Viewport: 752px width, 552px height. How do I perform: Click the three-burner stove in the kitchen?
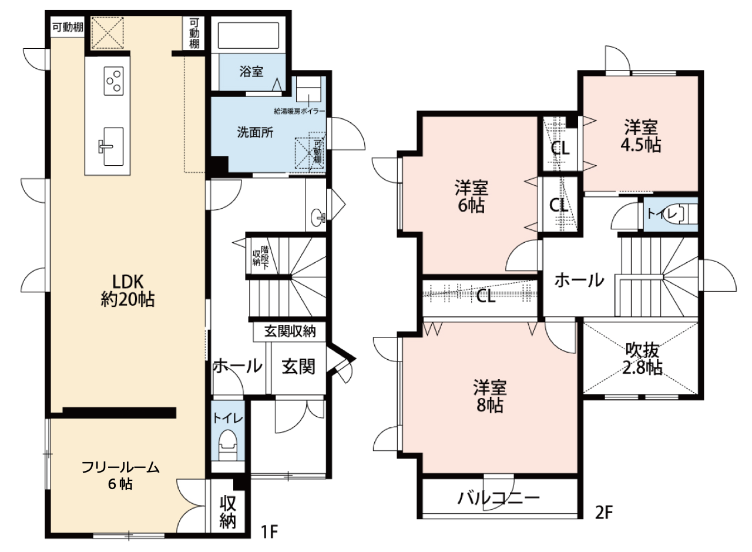pyautogui.click(x=113, y=81)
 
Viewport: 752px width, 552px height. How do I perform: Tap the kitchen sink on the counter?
pyautogui.click(x=112, y=146)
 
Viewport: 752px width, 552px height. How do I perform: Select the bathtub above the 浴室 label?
pyautogui.click(x=249, y=36)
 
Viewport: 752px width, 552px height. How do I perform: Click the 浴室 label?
pyautogui.click(x=251, y=72)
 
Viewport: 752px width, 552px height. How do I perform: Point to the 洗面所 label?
pyautogui.click(x=255, y=132)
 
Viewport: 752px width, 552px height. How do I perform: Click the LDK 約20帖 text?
pyautogui.click(x=127, y=290)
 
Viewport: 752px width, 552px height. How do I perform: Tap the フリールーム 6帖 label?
pyautogui.click(x=120, y=476)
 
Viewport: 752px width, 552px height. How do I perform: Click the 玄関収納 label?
pyautogui.click(x=290, y=332)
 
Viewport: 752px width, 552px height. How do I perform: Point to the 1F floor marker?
pyautogui.click(x=269, y=532)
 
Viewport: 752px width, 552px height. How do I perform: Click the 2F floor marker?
pyautogui.click(x=604, y=513)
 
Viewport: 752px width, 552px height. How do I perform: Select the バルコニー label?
pyautogui.click(x=499, y=498)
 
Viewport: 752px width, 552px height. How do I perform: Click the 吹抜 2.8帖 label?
pyautogui.click(x=642, y=359)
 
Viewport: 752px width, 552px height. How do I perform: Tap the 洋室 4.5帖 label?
pyautogui.click(x=641, y=136)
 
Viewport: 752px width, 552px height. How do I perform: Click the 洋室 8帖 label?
pyautogui.click(x=490, y=396)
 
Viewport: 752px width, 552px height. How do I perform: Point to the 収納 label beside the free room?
pyautogui.click(x=229, y=512)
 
